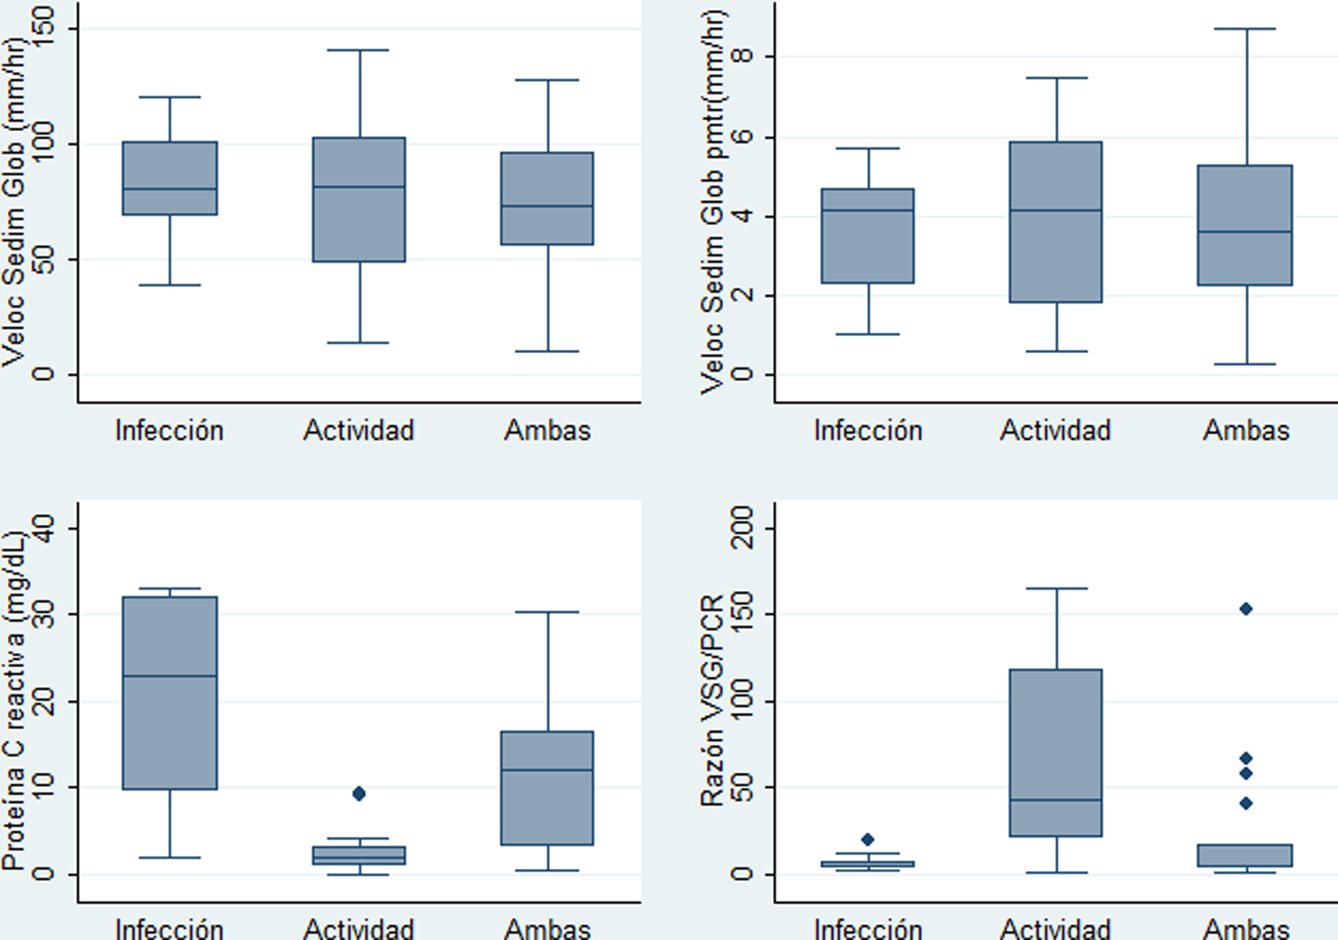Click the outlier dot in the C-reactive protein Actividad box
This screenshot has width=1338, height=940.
click(359, 793)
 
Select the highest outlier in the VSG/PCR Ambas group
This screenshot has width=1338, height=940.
click(1246, 609)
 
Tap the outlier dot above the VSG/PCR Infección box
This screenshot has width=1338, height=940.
click(868, 839)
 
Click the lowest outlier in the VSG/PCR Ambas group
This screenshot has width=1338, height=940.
click(1246, 804)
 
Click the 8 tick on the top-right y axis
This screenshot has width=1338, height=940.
click(741, 56)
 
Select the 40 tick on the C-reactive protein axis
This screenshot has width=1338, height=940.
click(43, 528)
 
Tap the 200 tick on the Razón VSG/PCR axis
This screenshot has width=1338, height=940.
click(741, 528)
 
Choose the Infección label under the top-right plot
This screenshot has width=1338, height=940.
click(868, 431)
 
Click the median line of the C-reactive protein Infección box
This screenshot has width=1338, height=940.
click(170, 676)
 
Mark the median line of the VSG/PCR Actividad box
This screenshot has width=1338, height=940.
click(1056, 800)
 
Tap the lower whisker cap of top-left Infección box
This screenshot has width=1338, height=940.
click(170, 285)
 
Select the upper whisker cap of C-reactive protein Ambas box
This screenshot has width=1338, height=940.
click(548, 612)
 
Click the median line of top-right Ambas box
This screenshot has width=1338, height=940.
click(1245, 232)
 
